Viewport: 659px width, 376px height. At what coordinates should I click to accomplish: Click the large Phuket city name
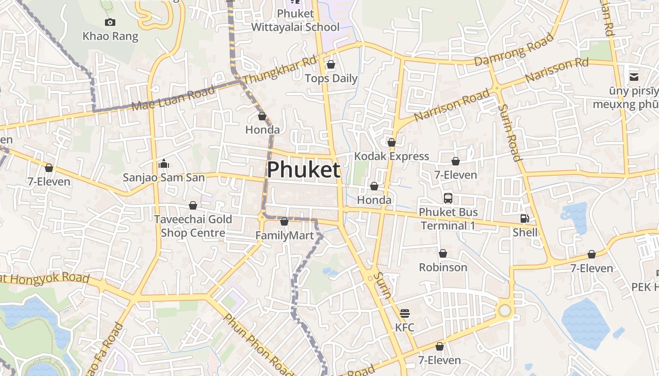(304, 170)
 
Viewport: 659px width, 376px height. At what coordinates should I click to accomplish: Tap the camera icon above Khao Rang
(110, 22)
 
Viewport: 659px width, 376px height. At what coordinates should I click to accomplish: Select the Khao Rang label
(110, 36)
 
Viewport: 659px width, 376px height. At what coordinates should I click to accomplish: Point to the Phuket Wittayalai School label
(295, 21)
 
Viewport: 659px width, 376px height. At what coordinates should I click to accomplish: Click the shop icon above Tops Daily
(331, 64)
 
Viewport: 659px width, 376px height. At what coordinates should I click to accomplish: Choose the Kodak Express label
(392, 156)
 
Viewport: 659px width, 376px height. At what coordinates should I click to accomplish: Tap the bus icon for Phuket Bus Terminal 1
(448, 198)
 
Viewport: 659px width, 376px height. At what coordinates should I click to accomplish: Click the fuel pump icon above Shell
(524, 219)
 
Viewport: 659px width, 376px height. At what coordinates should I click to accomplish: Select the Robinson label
(443, 267)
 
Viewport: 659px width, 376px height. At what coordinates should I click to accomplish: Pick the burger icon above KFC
(405, 313)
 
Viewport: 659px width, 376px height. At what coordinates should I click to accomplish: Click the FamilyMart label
(284, 235)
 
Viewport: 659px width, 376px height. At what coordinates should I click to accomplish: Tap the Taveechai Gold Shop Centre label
(193, 226)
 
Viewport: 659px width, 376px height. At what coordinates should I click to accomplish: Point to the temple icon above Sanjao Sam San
(164, 164)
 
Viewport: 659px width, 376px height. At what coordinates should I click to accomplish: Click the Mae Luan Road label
(173, 98)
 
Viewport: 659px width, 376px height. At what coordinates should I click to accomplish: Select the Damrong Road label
(514, 49)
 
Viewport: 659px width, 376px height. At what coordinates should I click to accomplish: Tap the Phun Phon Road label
(259, 345)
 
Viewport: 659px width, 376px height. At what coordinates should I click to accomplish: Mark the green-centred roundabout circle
(505, 310)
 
